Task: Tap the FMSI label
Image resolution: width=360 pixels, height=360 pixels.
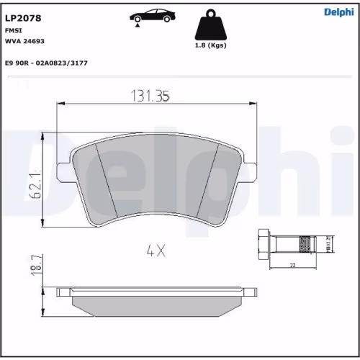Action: [x=14, y=31]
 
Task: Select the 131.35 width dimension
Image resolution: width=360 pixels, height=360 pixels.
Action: [x=149, y=95]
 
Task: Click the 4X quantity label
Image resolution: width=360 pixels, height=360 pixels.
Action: [x=156, y=251]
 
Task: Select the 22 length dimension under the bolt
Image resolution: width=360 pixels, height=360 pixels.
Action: [x=292, y=265]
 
